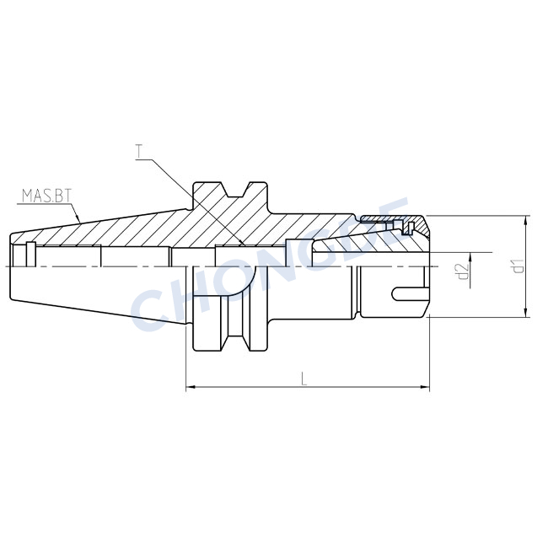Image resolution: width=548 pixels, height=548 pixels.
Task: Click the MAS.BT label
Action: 46,196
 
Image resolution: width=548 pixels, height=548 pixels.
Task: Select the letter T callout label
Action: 140,151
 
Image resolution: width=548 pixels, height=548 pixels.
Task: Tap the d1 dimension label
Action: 518,266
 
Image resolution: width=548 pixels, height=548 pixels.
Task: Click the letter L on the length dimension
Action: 304,379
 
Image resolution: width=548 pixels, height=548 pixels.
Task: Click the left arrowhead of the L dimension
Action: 191,387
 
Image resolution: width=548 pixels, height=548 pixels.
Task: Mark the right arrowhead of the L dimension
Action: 425,387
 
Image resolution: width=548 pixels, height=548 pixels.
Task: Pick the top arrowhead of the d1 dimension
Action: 526,221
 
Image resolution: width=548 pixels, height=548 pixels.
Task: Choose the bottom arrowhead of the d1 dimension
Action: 526,313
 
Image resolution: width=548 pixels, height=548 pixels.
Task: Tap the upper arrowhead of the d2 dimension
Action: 470,257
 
